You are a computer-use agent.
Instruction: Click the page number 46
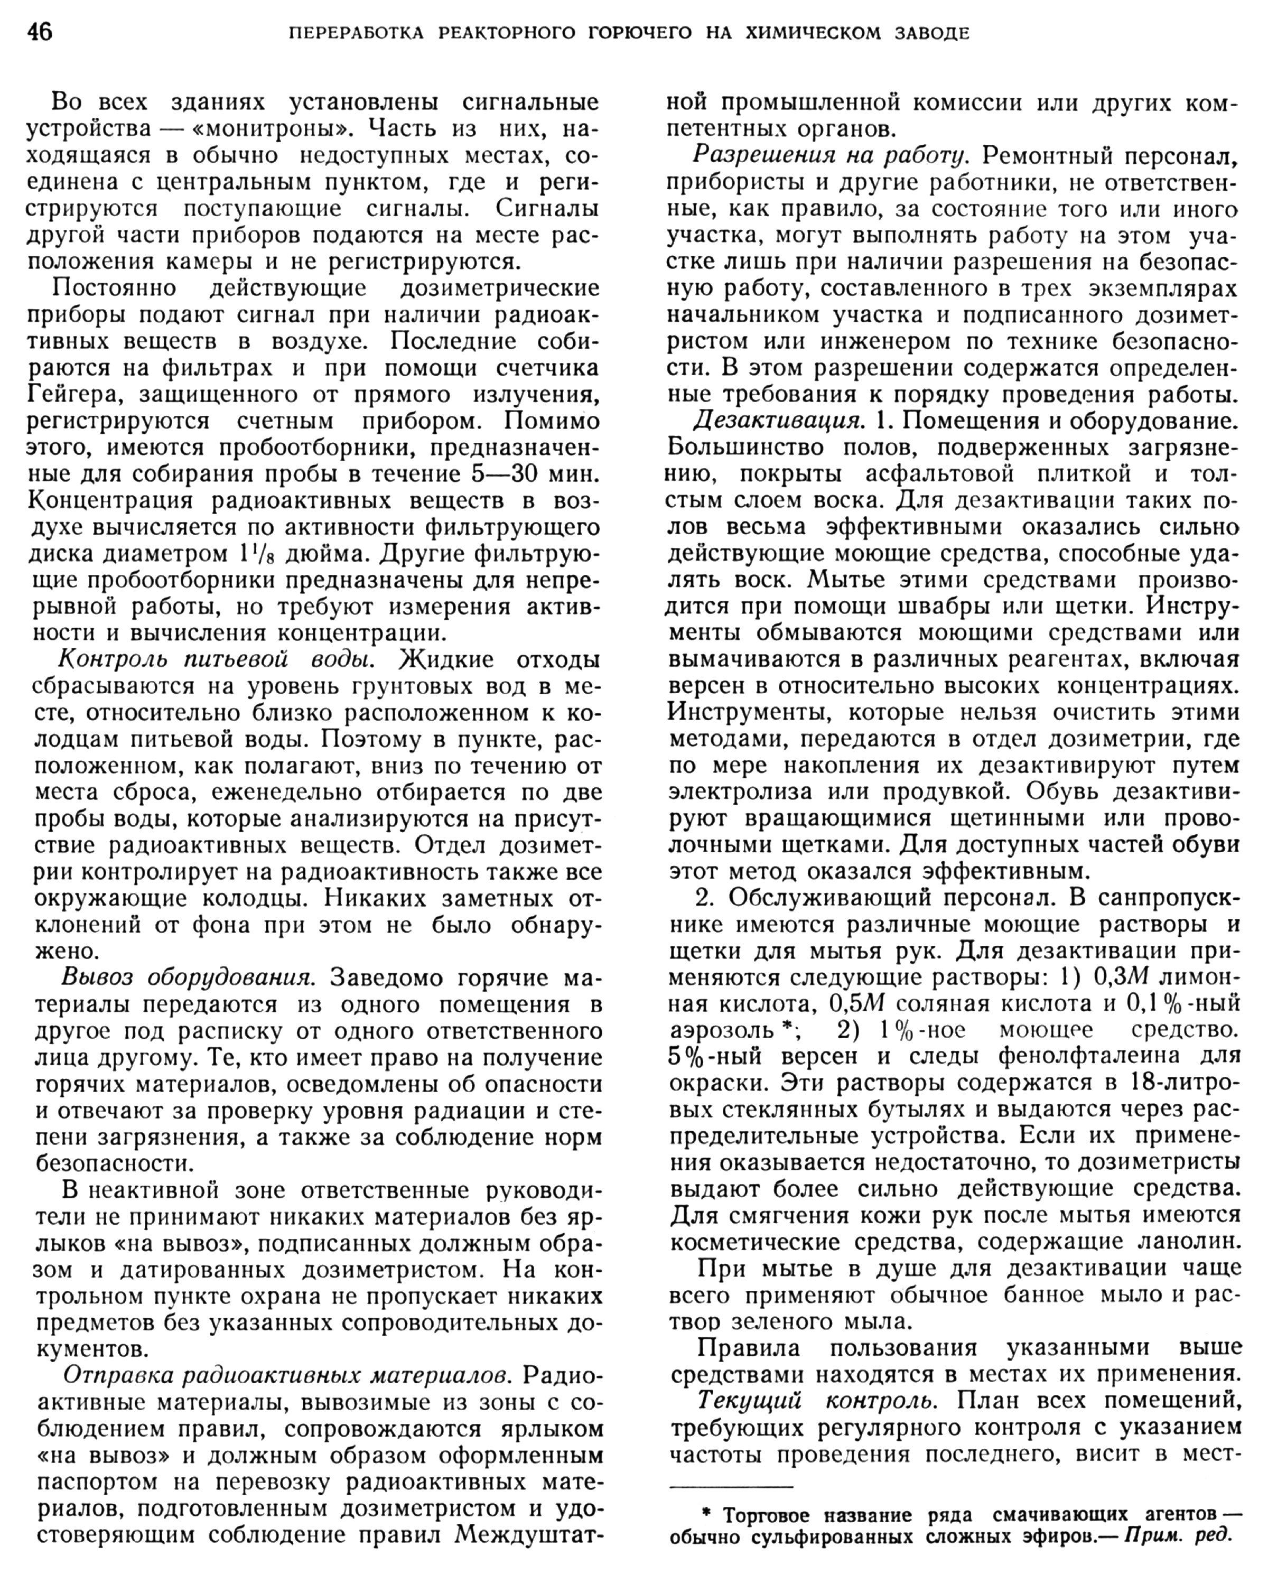[x=40, y=33]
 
